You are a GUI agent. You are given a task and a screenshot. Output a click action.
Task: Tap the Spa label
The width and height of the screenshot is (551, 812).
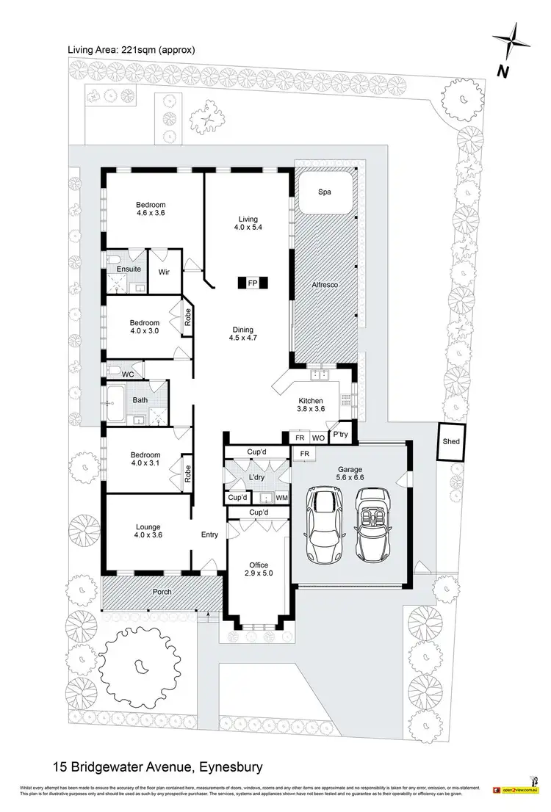pyautogui.click(x=325, y=192)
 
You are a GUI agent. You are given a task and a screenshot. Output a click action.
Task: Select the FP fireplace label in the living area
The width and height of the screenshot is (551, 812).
pyautogui.click(x=252, y=283)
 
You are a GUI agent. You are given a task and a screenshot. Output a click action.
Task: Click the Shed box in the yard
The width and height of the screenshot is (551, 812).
pyautogui.click(x=450, y=441)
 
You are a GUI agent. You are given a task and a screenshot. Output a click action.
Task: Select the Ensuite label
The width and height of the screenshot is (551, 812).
pyautogui.click(x=129, y=269)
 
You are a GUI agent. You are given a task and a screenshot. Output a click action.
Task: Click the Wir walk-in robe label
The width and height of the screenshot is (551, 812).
pyautogui.click(x=165, y=271)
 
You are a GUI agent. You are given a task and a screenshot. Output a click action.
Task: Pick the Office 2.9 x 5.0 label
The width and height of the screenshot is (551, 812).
pyautogui.click(x=259, y=569)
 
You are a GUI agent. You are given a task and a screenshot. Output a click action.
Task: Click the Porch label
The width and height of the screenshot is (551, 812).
pyautogui.click(x=162, y=592)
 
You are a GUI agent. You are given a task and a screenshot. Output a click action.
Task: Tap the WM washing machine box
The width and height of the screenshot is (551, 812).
pyautogui.click(x=281, y=497)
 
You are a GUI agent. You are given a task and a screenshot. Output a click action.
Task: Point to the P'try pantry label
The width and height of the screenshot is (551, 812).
pyautogui.click(x=340, y=434)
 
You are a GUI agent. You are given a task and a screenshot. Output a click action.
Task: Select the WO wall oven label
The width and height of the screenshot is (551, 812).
pyautogui.click(x=318, y=438)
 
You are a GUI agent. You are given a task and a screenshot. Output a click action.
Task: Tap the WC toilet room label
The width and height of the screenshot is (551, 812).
pyautogui.click(x=128, y=374)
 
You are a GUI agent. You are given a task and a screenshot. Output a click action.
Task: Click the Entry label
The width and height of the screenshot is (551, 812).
pyautogui.click(x=209, y=535)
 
